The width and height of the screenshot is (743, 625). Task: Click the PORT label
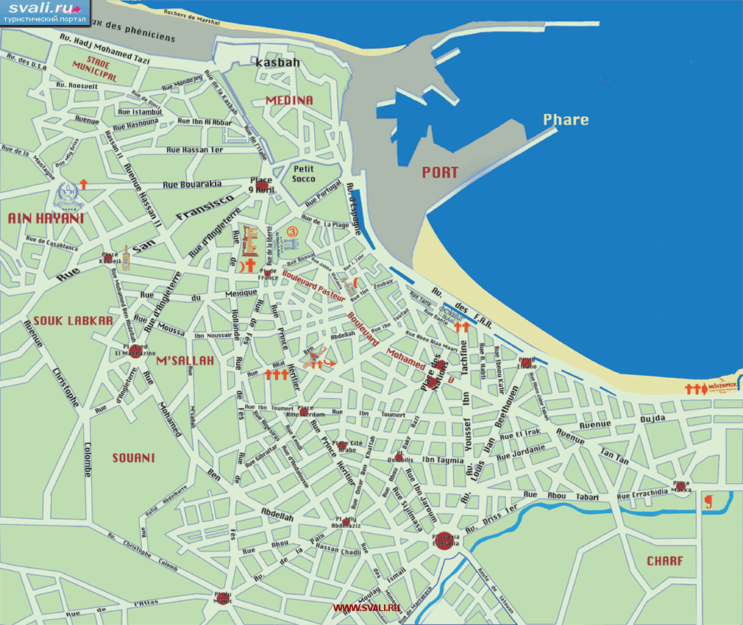click(x=440, y=173)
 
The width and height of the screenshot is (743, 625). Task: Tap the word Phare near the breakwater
click(x=566, y=119)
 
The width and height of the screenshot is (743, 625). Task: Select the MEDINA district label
click(x=289, y=100)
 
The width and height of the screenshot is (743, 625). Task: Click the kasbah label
click(x=277, y=63)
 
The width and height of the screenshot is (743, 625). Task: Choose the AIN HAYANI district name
click(x=46, y=218)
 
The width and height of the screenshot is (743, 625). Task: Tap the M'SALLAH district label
click(x=185, y=360)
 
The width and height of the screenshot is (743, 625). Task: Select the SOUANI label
click(x=133, y=458)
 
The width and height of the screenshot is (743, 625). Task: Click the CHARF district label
click(x=665, y=561)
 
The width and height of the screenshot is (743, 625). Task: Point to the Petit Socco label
click(x=304, y=174)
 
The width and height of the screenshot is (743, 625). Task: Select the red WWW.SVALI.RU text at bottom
click(x=366, y=607)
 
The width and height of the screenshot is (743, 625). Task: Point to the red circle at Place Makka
click(x=681, y=487)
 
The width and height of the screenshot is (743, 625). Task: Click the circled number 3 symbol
click(x=293, y=231)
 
